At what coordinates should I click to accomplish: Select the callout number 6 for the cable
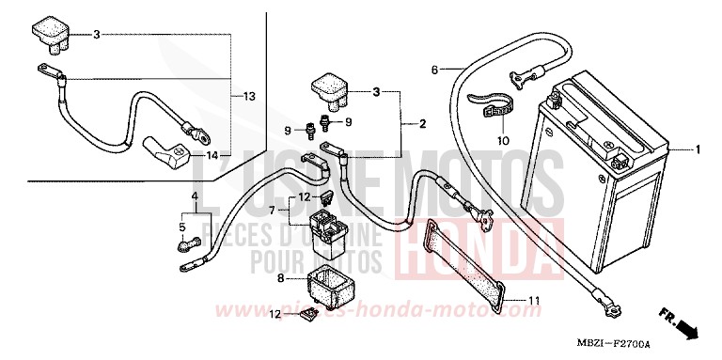(435, 70)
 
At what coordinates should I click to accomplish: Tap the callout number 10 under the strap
(502, 141)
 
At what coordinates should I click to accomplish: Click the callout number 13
(248, 97)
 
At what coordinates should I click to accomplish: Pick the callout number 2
(422, 123)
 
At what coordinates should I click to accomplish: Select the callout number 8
(279, 278)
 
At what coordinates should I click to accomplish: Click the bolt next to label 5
(183, 246)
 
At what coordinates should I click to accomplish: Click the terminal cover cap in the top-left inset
(48, 32)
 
